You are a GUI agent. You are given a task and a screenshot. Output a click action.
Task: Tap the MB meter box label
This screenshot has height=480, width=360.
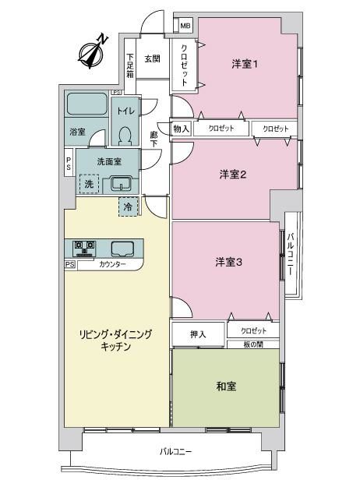[185, 26]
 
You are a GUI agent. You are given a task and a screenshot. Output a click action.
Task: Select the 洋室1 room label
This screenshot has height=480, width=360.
[245, 64]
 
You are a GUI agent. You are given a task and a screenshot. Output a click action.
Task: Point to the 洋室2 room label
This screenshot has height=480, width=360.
[233, 175]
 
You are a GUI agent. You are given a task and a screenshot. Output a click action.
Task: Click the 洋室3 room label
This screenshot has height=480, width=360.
[228, 262]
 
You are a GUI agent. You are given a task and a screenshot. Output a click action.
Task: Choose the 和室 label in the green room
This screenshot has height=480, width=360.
[226, 386]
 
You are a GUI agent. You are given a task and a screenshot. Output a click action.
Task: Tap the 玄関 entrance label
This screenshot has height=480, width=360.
[153, 58]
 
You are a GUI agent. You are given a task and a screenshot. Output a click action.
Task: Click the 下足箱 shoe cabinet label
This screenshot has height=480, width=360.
[130, 65]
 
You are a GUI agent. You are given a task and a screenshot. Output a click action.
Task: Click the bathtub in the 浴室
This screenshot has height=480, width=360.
[87, 104]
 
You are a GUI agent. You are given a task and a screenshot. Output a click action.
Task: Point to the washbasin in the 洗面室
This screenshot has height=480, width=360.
[122, 183]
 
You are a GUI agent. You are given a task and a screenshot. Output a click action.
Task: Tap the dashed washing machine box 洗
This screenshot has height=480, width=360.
[89, 184]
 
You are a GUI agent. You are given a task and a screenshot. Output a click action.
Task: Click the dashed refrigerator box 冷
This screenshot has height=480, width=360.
[129, 207]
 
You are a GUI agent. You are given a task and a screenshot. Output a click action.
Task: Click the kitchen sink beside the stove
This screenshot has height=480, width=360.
[122, 249]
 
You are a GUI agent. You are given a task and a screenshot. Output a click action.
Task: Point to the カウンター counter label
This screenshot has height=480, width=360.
[112, 264]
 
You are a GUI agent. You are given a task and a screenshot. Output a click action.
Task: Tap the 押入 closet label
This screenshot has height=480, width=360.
[198, 334]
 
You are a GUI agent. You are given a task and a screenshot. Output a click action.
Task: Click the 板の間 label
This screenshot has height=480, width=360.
[253, 344]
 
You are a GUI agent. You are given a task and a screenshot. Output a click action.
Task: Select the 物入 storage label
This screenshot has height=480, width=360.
[182, 129]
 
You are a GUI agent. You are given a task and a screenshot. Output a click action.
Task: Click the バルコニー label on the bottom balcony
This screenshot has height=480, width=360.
[176, 451]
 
